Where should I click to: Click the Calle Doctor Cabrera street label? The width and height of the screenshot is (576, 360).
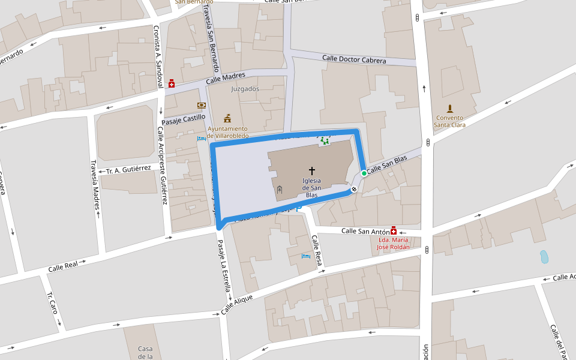click(353, 59)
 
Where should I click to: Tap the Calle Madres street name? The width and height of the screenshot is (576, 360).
click(226, 79)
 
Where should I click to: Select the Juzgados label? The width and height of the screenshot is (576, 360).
click(245, 89)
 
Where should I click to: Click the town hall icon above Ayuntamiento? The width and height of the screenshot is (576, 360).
click(227, 118)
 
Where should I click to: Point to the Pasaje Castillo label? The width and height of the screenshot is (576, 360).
click(183, 118)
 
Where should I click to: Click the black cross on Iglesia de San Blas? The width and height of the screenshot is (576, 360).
click(311, 171)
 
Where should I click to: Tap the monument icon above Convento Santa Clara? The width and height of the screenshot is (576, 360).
click(449, 109)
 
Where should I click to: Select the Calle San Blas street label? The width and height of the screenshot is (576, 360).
click(387, 165)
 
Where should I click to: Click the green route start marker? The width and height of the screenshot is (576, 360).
click(364, 173)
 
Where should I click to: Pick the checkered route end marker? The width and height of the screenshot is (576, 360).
click(354, 190)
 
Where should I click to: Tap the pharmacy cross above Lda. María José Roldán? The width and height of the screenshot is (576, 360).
click(394, 230)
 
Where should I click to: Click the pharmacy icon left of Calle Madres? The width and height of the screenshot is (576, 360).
click(172, 84)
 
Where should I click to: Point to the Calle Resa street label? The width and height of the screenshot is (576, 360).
click(317, 251)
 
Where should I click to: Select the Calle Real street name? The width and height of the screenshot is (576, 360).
click(63, 266)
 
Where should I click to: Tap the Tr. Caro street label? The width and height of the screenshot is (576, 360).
click(52, 304)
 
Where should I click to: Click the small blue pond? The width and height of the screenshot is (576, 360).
click(544, 257)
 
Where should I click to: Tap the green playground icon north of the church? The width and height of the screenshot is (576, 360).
click(325, 141)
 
